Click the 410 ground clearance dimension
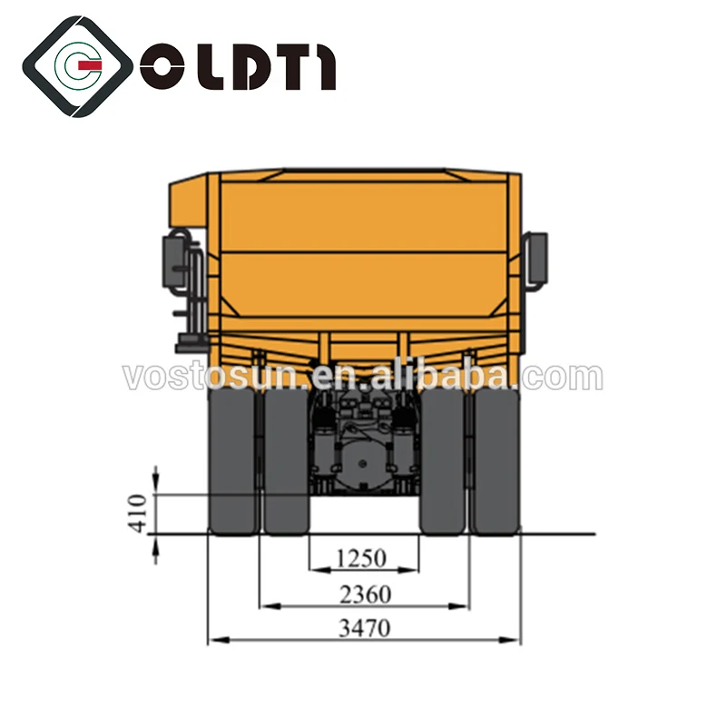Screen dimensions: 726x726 (137, 514)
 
